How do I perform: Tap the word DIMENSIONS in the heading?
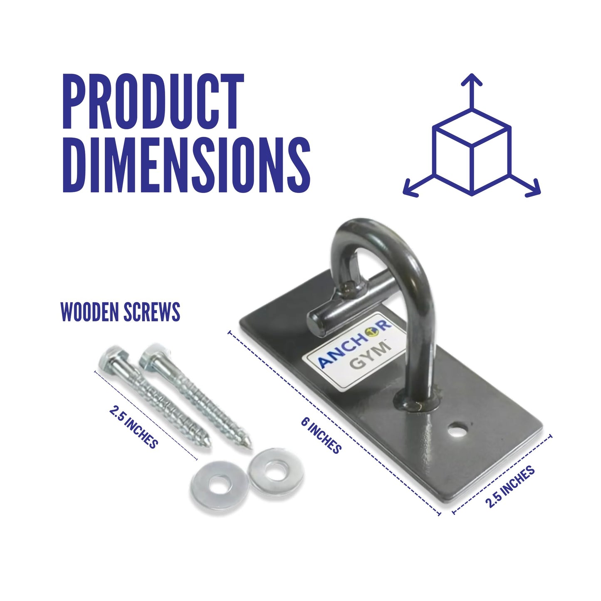tap(186, 165)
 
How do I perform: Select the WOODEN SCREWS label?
tap(120, 311)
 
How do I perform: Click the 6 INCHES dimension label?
tap(321, 435)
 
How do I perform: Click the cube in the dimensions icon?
tap(472, 152)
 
